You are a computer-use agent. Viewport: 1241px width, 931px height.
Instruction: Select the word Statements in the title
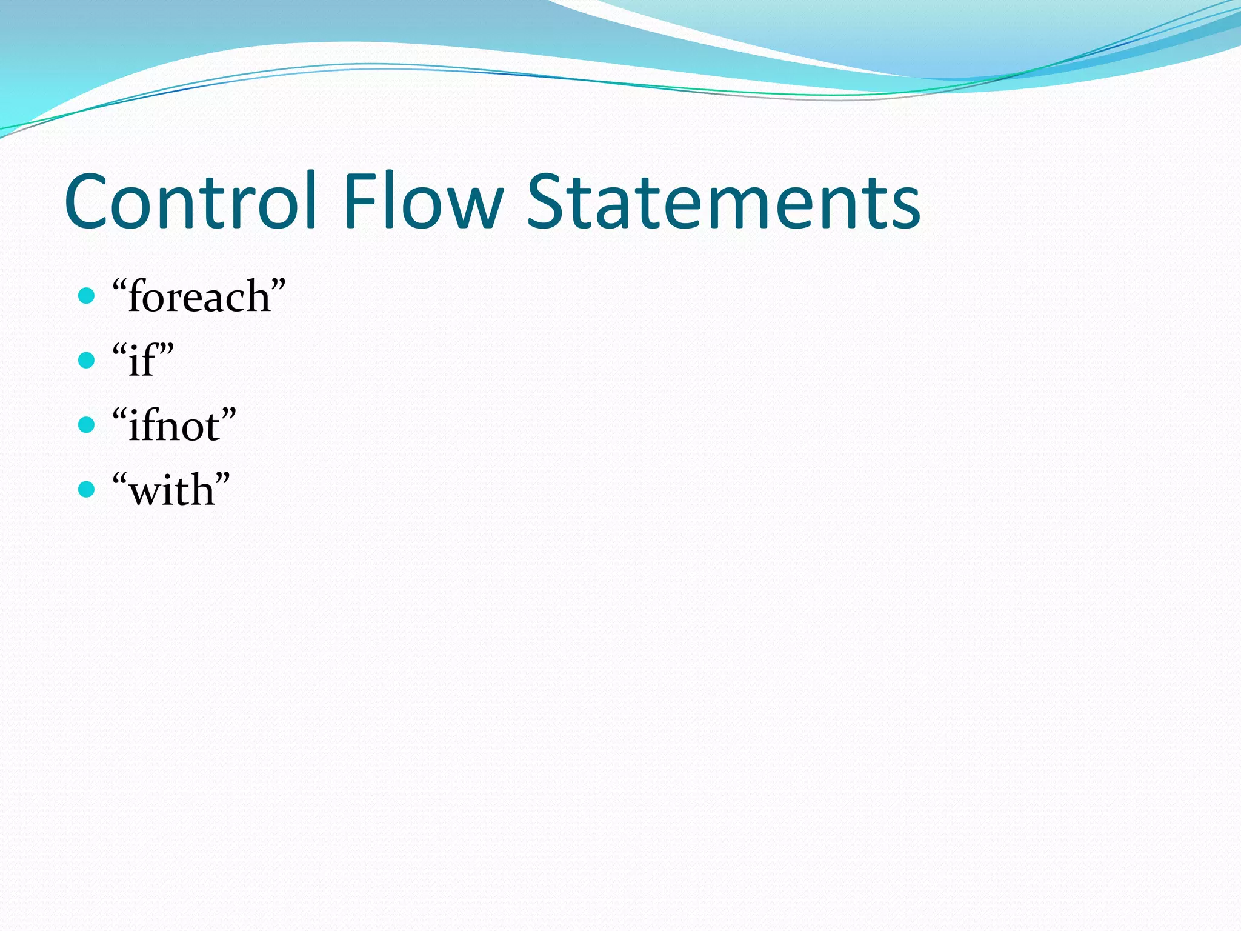[x=724, y=201]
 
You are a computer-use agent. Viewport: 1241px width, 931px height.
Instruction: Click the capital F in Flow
[x=359, y=201]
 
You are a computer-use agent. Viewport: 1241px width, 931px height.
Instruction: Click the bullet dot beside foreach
[x=87, y=296]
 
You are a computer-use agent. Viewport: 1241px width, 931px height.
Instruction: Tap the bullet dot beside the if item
[x=87, y=361]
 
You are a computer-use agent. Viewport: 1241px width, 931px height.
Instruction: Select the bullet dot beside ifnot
[x=87, y=425]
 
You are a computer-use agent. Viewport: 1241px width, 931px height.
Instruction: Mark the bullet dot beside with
[x=87, y=489]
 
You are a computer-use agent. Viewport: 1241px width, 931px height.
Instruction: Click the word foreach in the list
[x=199, y=297]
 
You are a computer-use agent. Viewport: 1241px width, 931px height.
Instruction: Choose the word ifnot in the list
[x=174, y=426]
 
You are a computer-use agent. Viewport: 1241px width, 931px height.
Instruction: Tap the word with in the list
[x=171, y=490]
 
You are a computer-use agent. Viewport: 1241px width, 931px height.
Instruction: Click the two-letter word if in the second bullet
[x=143, y=361]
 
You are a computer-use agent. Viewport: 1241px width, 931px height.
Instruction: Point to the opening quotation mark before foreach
[x=120, y=285]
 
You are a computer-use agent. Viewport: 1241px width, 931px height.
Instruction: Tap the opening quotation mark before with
[x=120, y=479]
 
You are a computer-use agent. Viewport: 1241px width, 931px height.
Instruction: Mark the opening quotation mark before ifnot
[x=120, y=415]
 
